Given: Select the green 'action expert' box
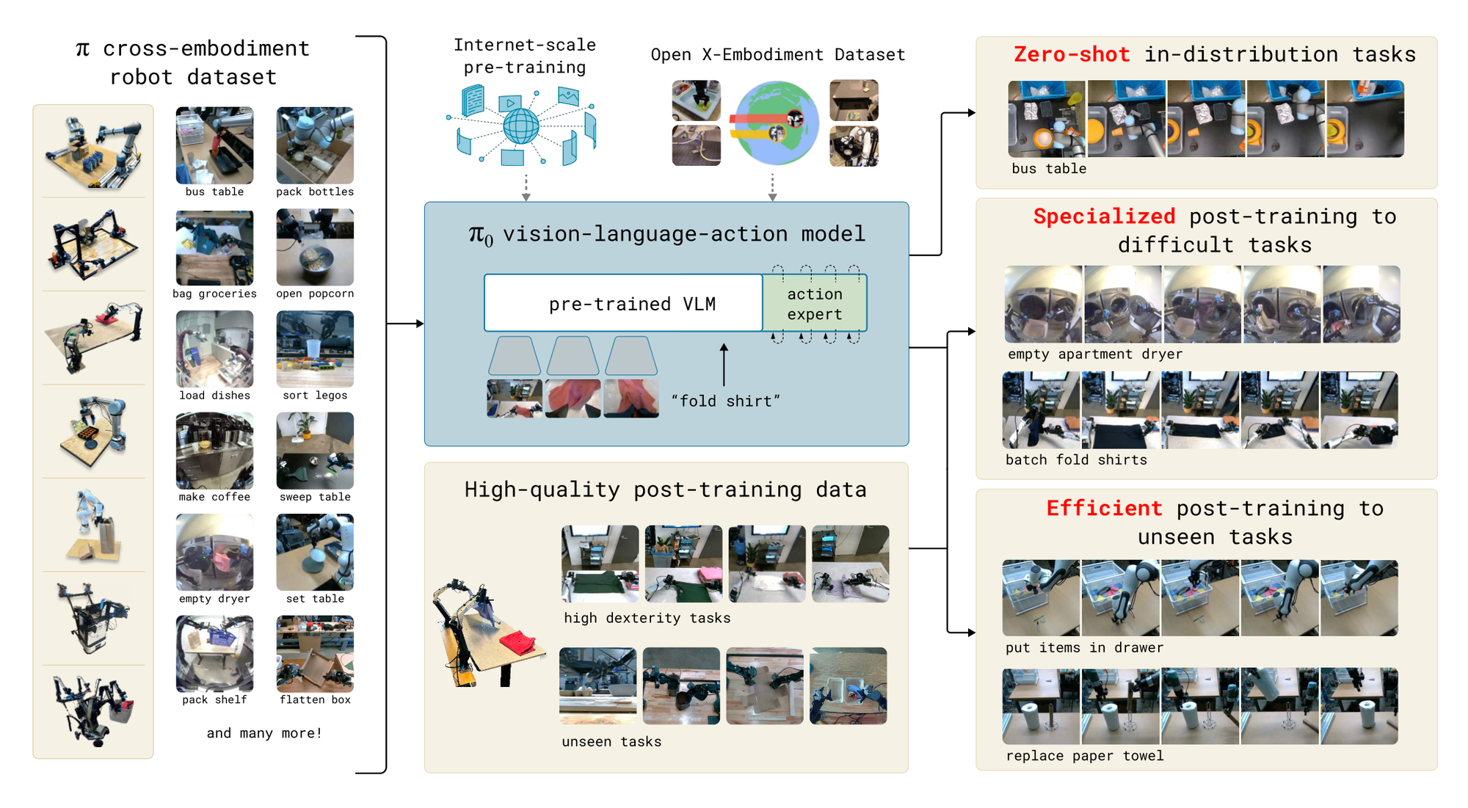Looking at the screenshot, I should pyautogui.click(x=815, y=303).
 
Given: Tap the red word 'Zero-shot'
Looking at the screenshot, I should pyautogui.click(x=1071, y=54).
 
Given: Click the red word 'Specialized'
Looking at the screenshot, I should pyautogui.click(x=1104, y=216).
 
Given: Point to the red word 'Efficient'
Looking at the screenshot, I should pyautogui.click(x=1104, y=508).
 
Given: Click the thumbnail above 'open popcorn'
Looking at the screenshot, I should pyautogui.click(x=315, y=247).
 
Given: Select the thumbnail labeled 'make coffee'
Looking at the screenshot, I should pyautogui.click(x=214, y=451).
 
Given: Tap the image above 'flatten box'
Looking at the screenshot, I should pyautogui.click(x=315, y=654).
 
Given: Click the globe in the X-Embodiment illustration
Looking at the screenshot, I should pyautogui.click(x=777, y=123).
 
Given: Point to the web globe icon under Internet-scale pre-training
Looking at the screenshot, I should pyautogui.click(x=521, y=125).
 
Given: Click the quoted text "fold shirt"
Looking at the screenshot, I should pyautogui.click(x=726, y=401).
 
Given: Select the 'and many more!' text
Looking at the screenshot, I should pyautogui.click(x=264, y=732).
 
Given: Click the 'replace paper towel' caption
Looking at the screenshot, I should pyautogui.click(x=1084, y=756).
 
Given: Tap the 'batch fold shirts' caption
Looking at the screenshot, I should pyautogui.click(x=1075, y=460).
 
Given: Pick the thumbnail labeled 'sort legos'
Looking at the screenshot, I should pyautogui.click(x=315, y=349).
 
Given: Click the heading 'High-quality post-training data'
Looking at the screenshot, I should pyautogui.click(x=665, y=489).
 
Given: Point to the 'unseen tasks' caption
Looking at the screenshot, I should pyautogui.click(x=611, y=741).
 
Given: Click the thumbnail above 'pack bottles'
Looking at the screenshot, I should pyautogui.click(x=315, y=145).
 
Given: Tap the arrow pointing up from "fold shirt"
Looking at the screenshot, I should pyautogui.click(x=724, y=364).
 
